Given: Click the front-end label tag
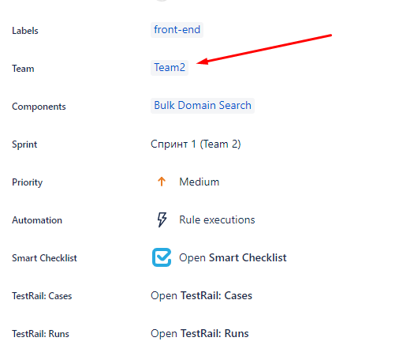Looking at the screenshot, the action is point(177,30).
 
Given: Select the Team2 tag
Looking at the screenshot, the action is point(170,68).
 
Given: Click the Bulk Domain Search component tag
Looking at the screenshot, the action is point(203,106).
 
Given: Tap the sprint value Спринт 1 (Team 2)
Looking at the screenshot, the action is point(196,144).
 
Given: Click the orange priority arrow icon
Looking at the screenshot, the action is point(162,182).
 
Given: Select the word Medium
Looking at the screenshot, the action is point(199,182).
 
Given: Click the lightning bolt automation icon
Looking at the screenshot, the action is point(162,219).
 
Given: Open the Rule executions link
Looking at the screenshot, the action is point(217,220).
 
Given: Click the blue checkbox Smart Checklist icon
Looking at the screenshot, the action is point(162,257).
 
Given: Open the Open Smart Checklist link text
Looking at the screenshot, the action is point(233,258).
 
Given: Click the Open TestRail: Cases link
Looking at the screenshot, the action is point(201,295).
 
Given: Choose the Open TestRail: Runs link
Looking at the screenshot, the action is point(200,334).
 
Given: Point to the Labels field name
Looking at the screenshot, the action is point(25,31).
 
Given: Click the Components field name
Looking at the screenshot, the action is point(39,107).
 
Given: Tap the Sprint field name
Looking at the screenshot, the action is point(24,144).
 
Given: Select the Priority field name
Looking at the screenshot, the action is point(27,182).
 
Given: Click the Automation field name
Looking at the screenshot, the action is point(37,220).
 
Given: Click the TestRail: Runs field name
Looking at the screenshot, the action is point(40,334).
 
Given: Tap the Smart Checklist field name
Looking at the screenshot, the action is point(44,258).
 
